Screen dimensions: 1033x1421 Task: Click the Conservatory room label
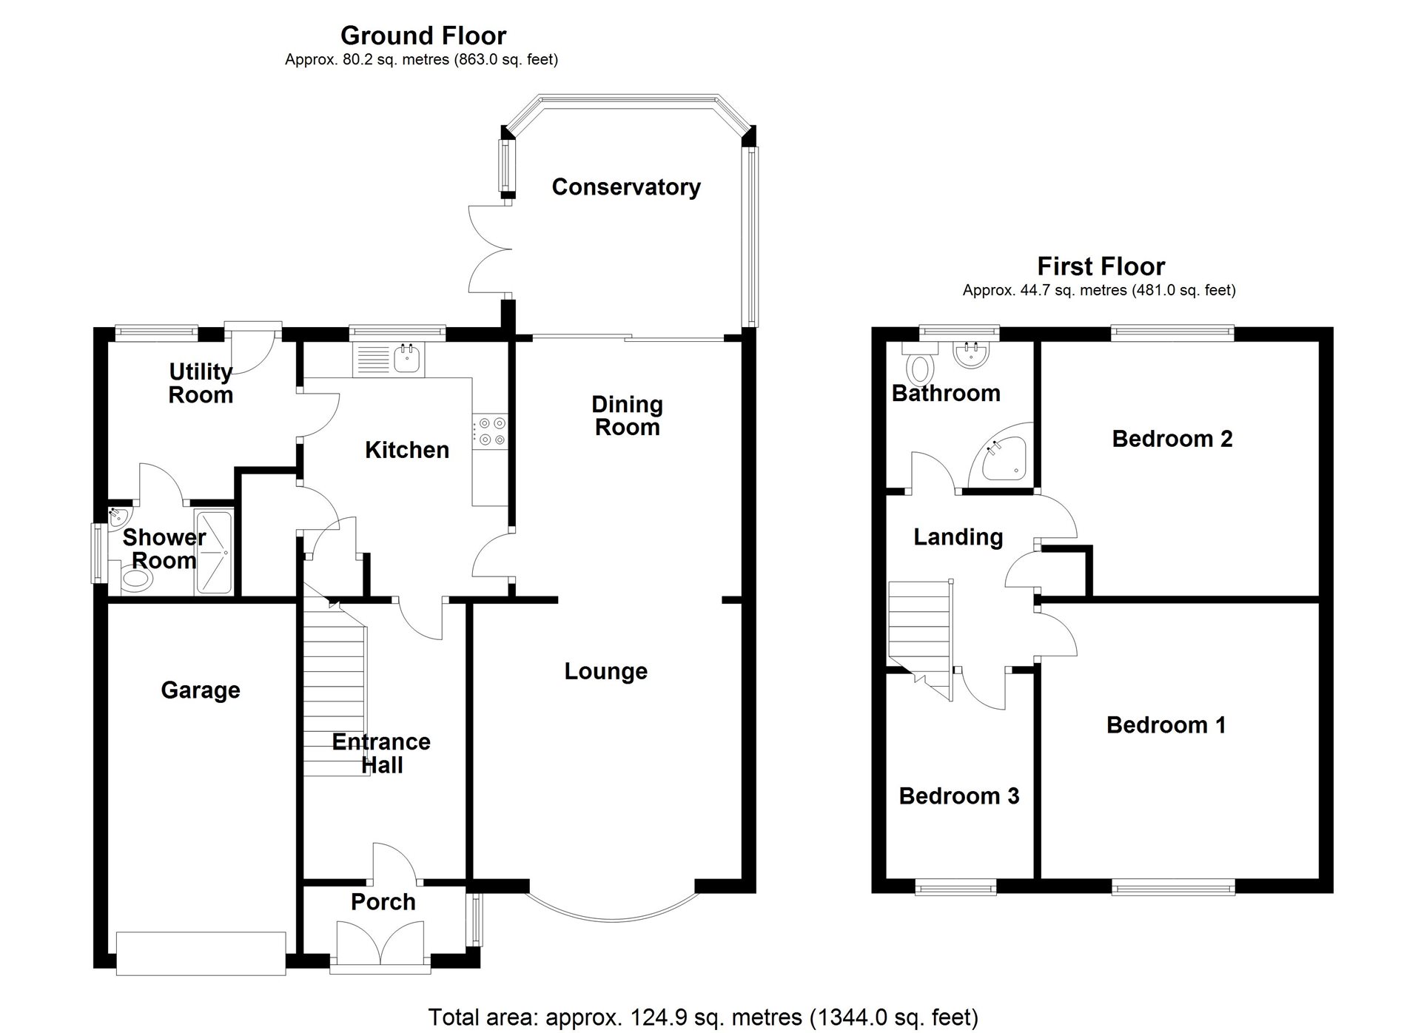(x=625, y=187)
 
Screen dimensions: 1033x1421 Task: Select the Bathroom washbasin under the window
(x=970, y=355)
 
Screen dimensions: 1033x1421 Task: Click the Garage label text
(x=201, y=690)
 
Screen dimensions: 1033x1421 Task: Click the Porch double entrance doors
(x=380, y=945)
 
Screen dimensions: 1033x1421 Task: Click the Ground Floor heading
(x=423, y=36)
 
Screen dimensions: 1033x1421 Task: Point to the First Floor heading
(x=1100, y=266)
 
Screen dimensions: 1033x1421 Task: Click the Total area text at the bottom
(x=703, y=1017)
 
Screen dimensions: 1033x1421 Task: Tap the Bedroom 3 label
(x=958, y=796)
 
